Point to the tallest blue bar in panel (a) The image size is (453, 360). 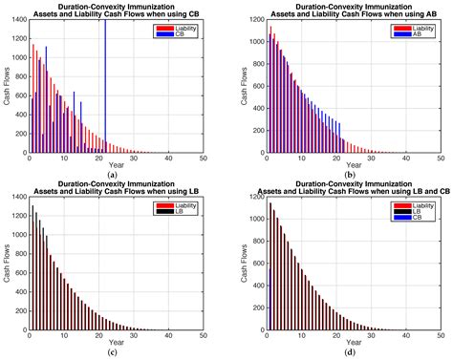click(x=105, y=86)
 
